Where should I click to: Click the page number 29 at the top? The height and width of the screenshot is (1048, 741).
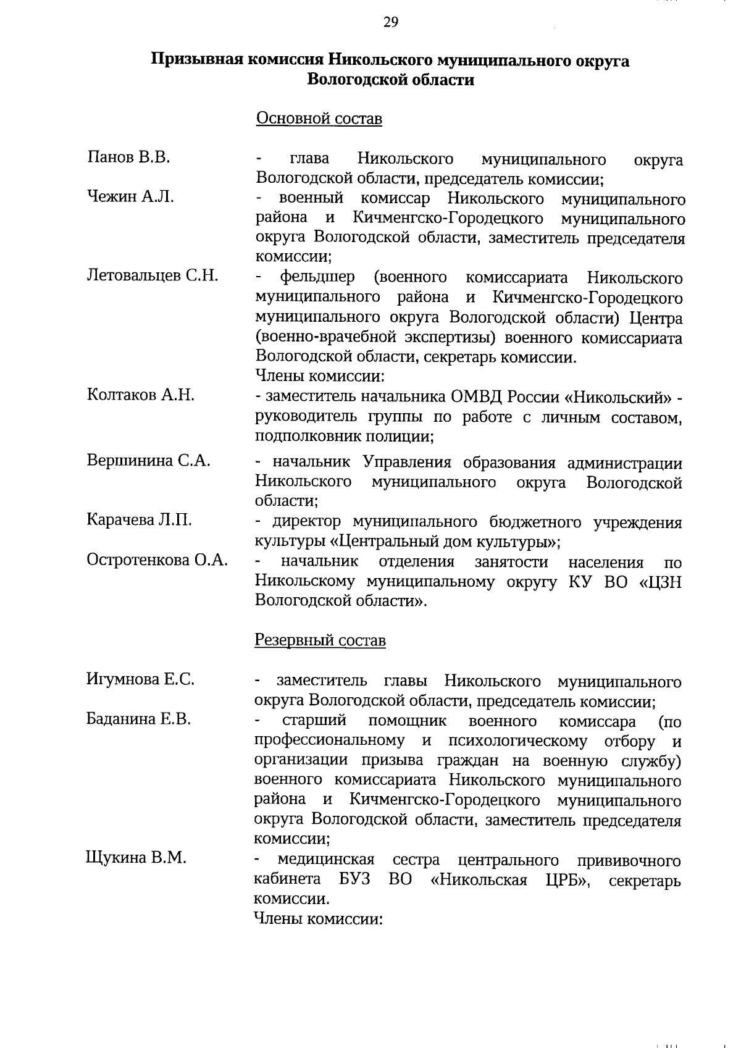[390, 23]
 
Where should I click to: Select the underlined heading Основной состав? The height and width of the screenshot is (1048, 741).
[319, 118]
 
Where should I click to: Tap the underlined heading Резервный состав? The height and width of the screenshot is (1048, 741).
[320, 640]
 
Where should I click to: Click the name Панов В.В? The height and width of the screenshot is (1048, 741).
[128, 157]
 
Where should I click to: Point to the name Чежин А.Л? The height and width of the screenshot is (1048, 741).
[130, 197]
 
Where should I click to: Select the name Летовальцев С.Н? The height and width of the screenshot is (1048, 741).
[153, 275]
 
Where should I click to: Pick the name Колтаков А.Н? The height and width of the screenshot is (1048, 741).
[141, 395]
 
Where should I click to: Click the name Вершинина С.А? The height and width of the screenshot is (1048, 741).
[148, 461]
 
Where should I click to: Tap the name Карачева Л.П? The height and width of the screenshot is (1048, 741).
[139, 521]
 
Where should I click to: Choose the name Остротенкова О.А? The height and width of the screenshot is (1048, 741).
[157, 560]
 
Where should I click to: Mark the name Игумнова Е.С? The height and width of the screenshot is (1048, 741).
[140, 680]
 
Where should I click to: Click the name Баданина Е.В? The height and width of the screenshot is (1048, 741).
[138, 719]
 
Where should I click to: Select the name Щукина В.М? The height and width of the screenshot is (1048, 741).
[136, 858]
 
